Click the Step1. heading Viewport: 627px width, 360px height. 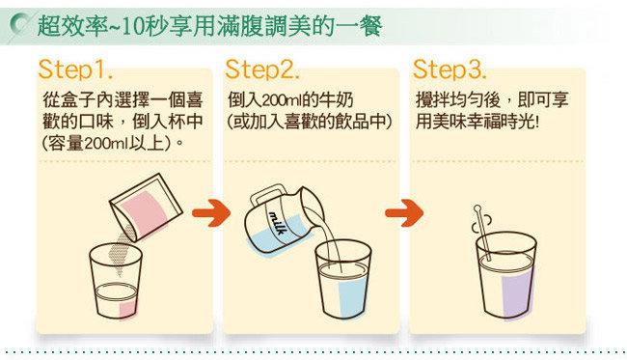coord(75,69)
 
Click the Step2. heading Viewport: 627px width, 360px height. coord(262,69)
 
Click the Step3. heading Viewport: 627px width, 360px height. coord(450,69)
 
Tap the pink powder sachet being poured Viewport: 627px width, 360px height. coord(147,208)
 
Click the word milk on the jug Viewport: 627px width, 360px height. coord(277,223)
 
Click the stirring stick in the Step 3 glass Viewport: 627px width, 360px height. coord(482,232)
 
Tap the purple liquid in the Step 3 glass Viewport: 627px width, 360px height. coord(517,292)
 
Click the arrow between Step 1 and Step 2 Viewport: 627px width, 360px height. coord(211,212)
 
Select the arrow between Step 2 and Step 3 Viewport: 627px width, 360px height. coord(404,212)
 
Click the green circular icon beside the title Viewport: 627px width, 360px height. coord(21,25)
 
